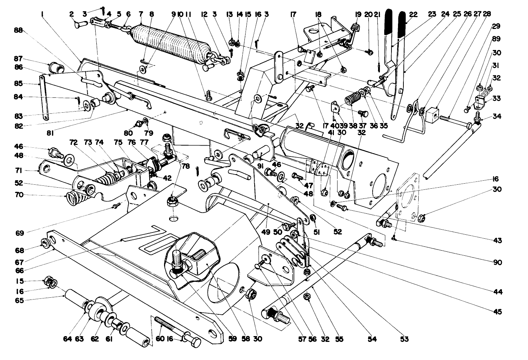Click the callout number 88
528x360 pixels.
click(x=18, y=31)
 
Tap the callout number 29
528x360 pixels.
click(x=496, y=26)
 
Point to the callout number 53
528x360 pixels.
click(x=404, y=339)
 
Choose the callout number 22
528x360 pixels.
click(x=413, y=15)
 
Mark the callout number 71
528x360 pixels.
click(x=19, y=170)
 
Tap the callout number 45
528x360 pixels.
click(x=498, y=311)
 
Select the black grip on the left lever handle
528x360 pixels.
click(x=388, y=22)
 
